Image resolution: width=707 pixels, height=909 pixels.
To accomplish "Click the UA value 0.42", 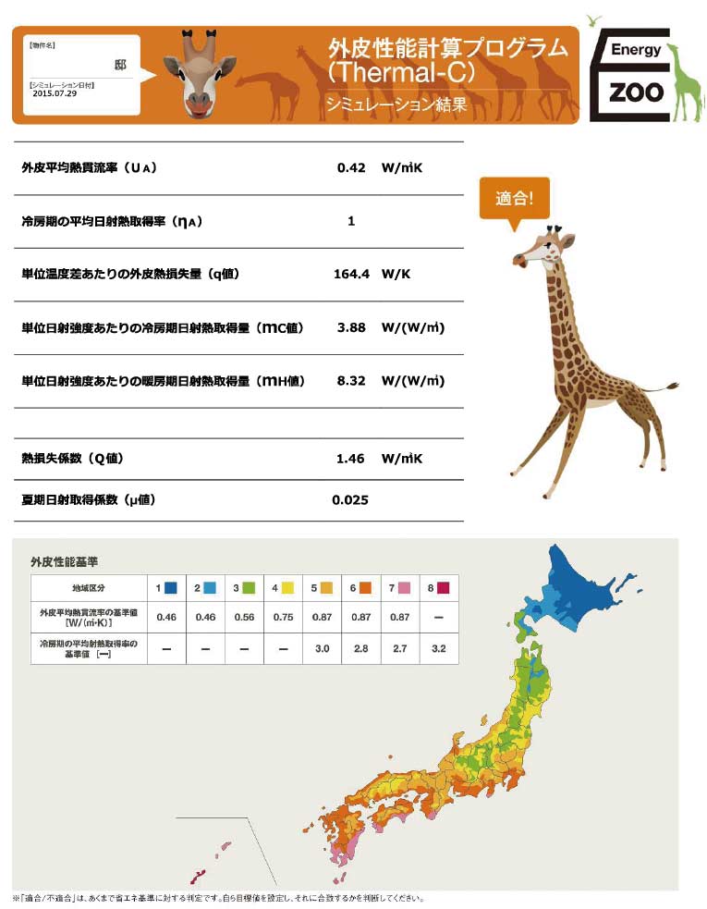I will coord(351,168).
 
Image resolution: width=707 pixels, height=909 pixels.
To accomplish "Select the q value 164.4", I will coord(351,275).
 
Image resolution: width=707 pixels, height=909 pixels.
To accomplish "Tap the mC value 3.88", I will coord(351,327).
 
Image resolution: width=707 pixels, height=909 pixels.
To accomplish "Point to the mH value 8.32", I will coord(351,381).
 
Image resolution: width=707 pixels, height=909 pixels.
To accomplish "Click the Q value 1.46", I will coord(351,459).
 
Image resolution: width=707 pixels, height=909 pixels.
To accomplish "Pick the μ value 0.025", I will coord(350,500).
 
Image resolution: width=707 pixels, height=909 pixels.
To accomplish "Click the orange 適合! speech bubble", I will coord(514,199).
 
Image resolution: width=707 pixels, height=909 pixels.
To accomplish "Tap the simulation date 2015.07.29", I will coord(55,93).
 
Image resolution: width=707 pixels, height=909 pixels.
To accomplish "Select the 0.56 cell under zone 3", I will coord(244,617).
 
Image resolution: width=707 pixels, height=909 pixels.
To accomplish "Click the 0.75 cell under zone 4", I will coord(283,617).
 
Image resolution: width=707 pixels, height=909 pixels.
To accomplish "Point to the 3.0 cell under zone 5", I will coord(322,649).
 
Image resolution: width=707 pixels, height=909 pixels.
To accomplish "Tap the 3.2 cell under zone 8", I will coord(438,649).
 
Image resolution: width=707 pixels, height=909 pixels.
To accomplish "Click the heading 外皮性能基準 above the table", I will coord(65,561).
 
